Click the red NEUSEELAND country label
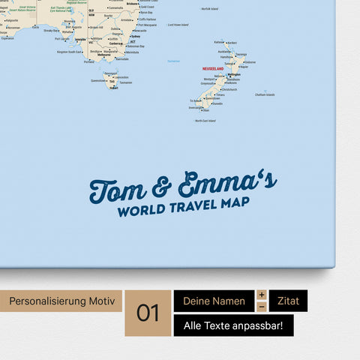pyautogui.click(x=214, y=68)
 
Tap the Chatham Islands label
pyautogui.click(x=265, y=94)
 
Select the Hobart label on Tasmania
pyautogui.click(x=114, y=87)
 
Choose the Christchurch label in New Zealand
pyautogui.click(x=229, y=89)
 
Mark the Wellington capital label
pyautogui.click(x=234, y=76)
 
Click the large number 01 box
pyautogui.click(x=148, y=313)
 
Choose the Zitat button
pyautogui.click(x=288, y=301)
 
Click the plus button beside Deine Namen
pyautogui.click(x=261, y=295)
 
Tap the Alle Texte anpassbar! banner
pyautogui.click(x=233, y=325)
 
